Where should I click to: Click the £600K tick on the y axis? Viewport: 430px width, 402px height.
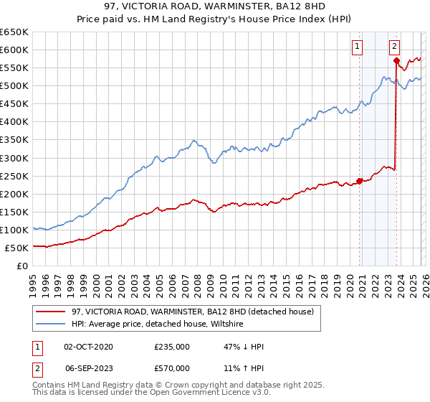click(14, 50)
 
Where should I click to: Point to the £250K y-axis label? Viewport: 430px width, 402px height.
click(14, 176)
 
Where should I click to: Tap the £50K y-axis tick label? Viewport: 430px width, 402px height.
click(16, 248)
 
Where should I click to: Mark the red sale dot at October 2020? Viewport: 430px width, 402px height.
click(360, 181)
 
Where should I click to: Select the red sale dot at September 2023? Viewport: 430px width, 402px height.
click(396, 60)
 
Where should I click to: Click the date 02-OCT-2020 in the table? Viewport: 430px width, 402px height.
click(88, 347)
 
